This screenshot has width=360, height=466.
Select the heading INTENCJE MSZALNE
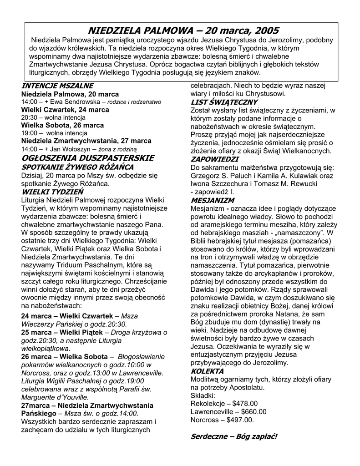point(57,86)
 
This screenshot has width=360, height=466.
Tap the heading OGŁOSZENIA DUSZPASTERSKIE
point(88,158)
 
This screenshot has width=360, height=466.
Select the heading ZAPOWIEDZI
point(214,159)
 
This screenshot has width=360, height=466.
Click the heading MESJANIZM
point(212,200)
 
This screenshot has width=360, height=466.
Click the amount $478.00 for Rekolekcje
point(245,403)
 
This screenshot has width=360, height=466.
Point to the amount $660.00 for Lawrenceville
point(251,411)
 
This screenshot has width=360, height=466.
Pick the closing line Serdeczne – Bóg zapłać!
point(233,436)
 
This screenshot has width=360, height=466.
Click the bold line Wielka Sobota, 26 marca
point(62,125)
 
